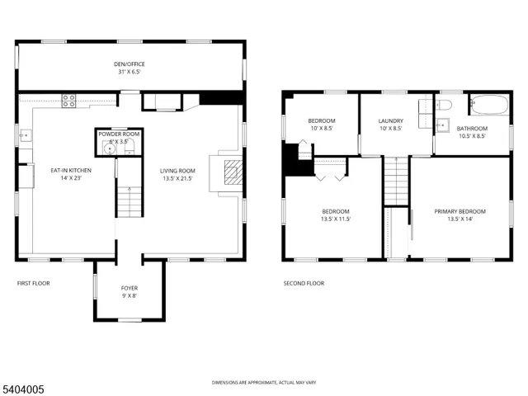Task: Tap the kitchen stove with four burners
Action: (70, 102)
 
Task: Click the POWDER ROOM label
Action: (119, 134)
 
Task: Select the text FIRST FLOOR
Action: (34, 283)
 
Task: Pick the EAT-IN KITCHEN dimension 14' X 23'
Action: (70, 179)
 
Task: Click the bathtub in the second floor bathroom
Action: (490, 106)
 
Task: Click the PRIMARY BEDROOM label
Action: (460, 211)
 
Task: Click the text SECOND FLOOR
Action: (304, 283)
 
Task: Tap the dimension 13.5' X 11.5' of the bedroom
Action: (336, 219)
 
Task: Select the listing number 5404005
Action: (24, 386)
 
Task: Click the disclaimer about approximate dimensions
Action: (263, 383)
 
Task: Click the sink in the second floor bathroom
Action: (442, 126)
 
